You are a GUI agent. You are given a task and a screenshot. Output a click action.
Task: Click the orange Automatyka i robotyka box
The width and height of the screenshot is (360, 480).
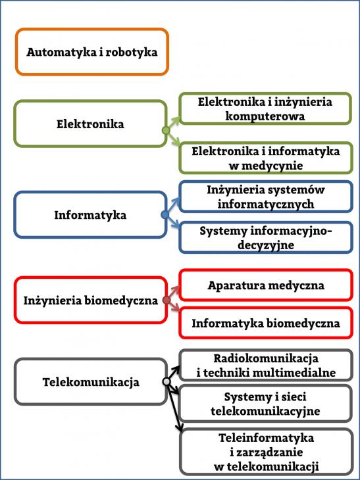click(x=92, y=52)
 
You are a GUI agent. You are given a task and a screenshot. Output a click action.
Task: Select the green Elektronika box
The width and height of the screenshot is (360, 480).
click(x=90, y=124)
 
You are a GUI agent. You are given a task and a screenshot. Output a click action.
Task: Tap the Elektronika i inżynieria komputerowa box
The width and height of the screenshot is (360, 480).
click(x=265, y=108)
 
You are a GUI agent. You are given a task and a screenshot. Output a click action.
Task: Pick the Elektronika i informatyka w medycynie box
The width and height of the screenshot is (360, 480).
click(x=266, y=158)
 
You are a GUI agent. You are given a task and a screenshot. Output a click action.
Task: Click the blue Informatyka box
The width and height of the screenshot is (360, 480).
click(x=90, y=214)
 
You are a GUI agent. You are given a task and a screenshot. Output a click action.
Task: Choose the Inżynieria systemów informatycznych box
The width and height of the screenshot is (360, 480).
click(x=266, y=197)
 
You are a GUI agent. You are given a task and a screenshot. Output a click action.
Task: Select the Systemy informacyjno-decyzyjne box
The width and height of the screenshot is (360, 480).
click(x=266, y=237)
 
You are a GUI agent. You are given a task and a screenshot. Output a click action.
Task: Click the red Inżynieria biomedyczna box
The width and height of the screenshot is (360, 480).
click(x=90, y=300)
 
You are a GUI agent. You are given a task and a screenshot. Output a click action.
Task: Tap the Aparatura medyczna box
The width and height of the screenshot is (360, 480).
click(x=266, y=285)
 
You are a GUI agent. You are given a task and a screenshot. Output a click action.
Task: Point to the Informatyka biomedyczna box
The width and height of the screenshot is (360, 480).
click(x=266, y=323)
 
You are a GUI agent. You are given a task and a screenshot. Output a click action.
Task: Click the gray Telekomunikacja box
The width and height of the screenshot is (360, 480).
click(x=90, y=382)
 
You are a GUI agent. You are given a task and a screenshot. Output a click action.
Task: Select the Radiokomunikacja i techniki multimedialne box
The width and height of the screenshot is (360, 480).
click(x=266, y=365)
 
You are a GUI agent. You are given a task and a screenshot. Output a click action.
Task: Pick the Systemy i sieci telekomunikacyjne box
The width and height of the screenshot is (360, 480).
click(x=266, y=404)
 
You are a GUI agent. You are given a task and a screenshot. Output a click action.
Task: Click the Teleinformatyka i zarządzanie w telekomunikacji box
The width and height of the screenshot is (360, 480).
click(x=267, y=452)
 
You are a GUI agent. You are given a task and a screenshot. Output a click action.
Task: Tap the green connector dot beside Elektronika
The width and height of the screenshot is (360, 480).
click(x=165, y=131)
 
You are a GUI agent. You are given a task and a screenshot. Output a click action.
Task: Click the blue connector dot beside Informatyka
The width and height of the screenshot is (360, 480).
click(x=165, y=214)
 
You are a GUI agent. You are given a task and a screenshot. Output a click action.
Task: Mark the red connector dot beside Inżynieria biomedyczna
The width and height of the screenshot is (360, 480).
click(x=167, y=300)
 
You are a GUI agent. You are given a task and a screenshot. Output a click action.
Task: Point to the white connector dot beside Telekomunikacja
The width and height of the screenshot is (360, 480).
click(x=167, y=382)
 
